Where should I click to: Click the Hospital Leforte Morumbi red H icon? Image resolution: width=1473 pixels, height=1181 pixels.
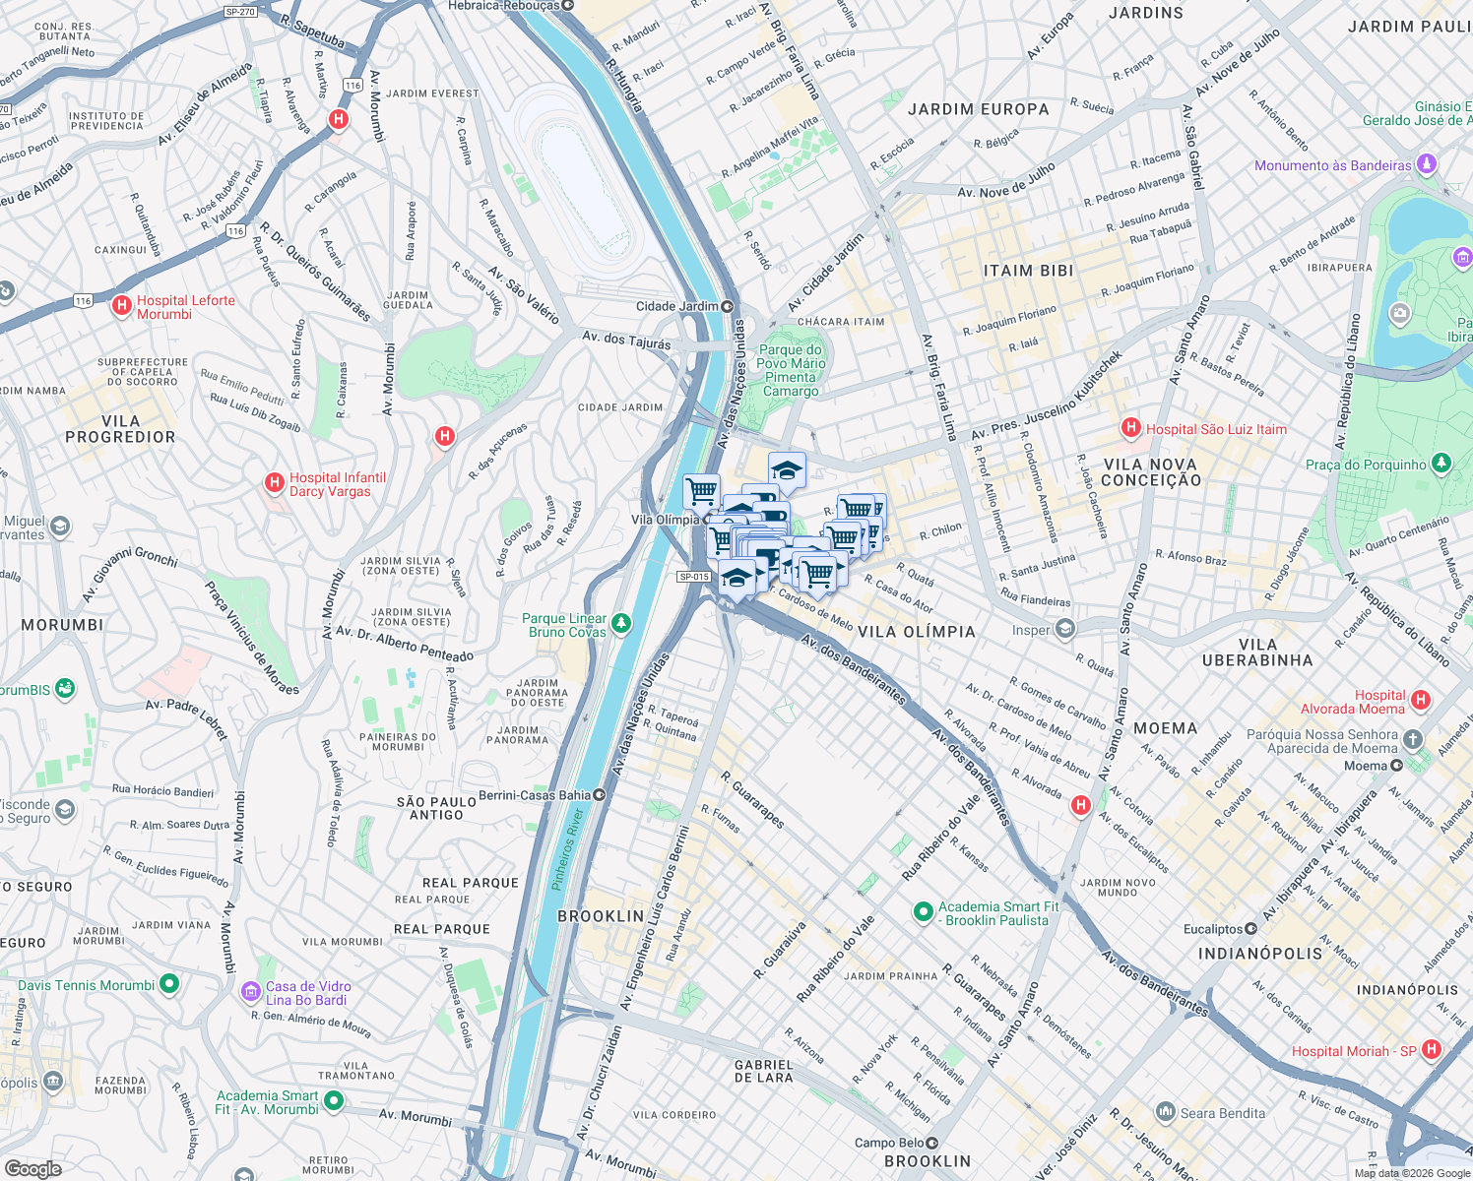coord(122,306)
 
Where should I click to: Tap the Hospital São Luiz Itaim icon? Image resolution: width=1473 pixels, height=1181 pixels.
coord(1131,428)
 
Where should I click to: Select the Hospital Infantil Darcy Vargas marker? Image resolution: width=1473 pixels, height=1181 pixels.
coord(275,483)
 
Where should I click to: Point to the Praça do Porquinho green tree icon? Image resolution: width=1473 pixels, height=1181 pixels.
coord(1441,463)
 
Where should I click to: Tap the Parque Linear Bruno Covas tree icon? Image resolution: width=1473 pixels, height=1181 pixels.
coord(621,624)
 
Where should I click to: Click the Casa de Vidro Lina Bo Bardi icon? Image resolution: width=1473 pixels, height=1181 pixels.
coord(251,992)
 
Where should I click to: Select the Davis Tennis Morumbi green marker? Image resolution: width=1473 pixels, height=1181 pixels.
coord(169,983)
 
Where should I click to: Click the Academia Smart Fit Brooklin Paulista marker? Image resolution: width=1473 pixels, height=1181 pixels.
coord(923,912)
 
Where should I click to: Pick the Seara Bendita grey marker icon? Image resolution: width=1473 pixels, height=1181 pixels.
coord(1166,1112)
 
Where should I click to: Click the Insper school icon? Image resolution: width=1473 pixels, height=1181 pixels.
coord(1064,629)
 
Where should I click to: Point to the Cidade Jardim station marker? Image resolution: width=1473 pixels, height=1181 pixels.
coord(728,306)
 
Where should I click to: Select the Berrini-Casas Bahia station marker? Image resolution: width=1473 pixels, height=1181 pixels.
coord(599,794)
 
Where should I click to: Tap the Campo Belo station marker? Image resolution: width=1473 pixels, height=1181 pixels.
coord(932,1143)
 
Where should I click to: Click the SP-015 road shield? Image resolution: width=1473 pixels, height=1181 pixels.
coord(693,577)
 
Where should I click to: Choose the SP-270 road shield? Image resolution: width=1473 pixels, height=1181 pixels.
coord(239,12)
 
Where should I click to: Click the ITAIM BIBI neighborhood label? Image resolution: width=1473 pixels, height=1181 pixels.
coord(1028,271)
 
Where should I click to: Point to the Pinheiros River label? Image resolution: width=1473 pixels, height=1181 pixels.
coord(567,849)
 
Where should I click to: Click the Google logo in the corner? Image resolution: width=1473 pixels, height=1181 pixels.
coord(32,1168)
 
